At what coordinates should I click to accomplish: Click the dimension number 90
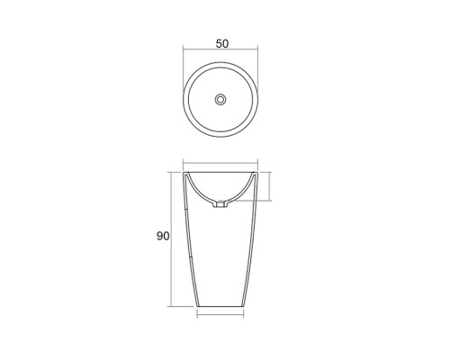click(x=164, y=237)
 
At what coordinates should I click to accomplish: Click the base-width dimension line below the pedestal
click(x=220, y=315)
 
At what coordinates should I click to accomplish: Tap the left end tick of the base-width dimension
click(x=197, y=315)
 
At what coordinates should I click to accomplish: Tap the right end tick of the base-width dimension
click(x=245, y=315)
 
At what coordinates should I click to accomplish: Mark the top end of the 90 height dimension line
click(x=174, y=171)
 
